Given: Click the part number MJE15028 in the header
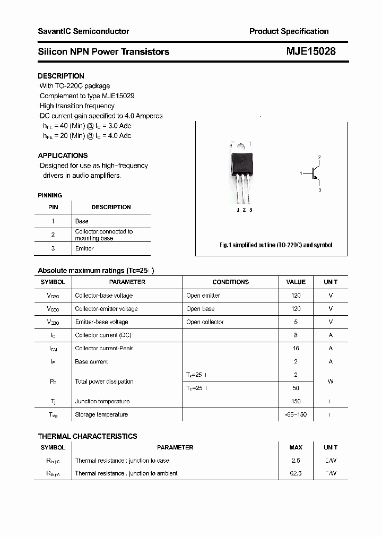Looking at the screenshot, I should click(311, 51).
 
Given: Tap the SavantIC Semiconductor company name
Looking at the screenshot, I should click(83, 31).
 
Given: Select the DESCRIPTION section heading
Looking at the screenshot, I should click(61, 76).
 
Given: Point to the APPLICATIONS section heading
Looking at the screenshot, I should click(63, 155).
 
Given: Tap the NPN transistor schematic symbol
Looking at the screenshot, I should click(315, 174).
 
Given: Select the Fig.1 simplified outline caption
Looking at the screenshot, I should click(276, 245).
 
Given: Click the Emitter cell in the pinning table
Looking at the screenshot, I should click(84, 248).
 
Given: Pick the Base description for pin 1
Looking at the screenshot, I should click(82, 221).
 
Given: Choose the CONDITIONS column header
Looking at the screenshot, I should click(230, 282).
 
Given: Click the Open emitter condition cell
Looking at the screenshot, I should click(203, 296).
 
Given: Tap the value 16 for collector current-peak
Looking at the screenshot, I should click(296, 348).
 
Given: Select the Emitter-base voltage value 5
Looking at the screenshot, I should click(296, 322).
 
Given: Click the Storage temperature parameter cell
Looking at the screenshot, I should click(101, 414).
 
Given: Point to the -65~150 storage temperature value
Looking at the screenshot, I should click(296, 414).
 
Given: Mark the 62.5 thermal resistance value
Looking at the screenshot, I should click(296, 473).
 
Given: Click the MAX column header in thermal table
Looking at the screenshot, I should click(296, 447).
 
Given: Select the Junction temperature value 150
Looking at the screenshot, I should click(296, 401).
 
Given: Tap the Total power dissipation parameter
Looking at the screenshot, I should click(104, 382).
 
